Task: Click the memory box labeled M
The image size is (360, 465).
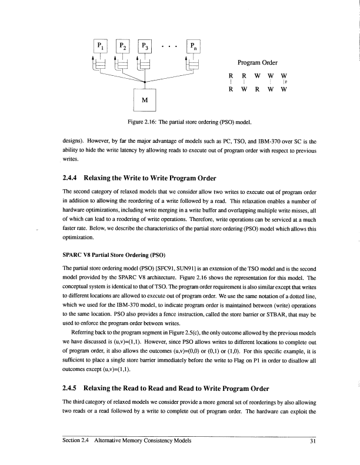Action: click(144, 99)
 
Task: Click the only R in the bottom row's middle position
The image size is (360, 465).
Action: click(258, 90)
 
